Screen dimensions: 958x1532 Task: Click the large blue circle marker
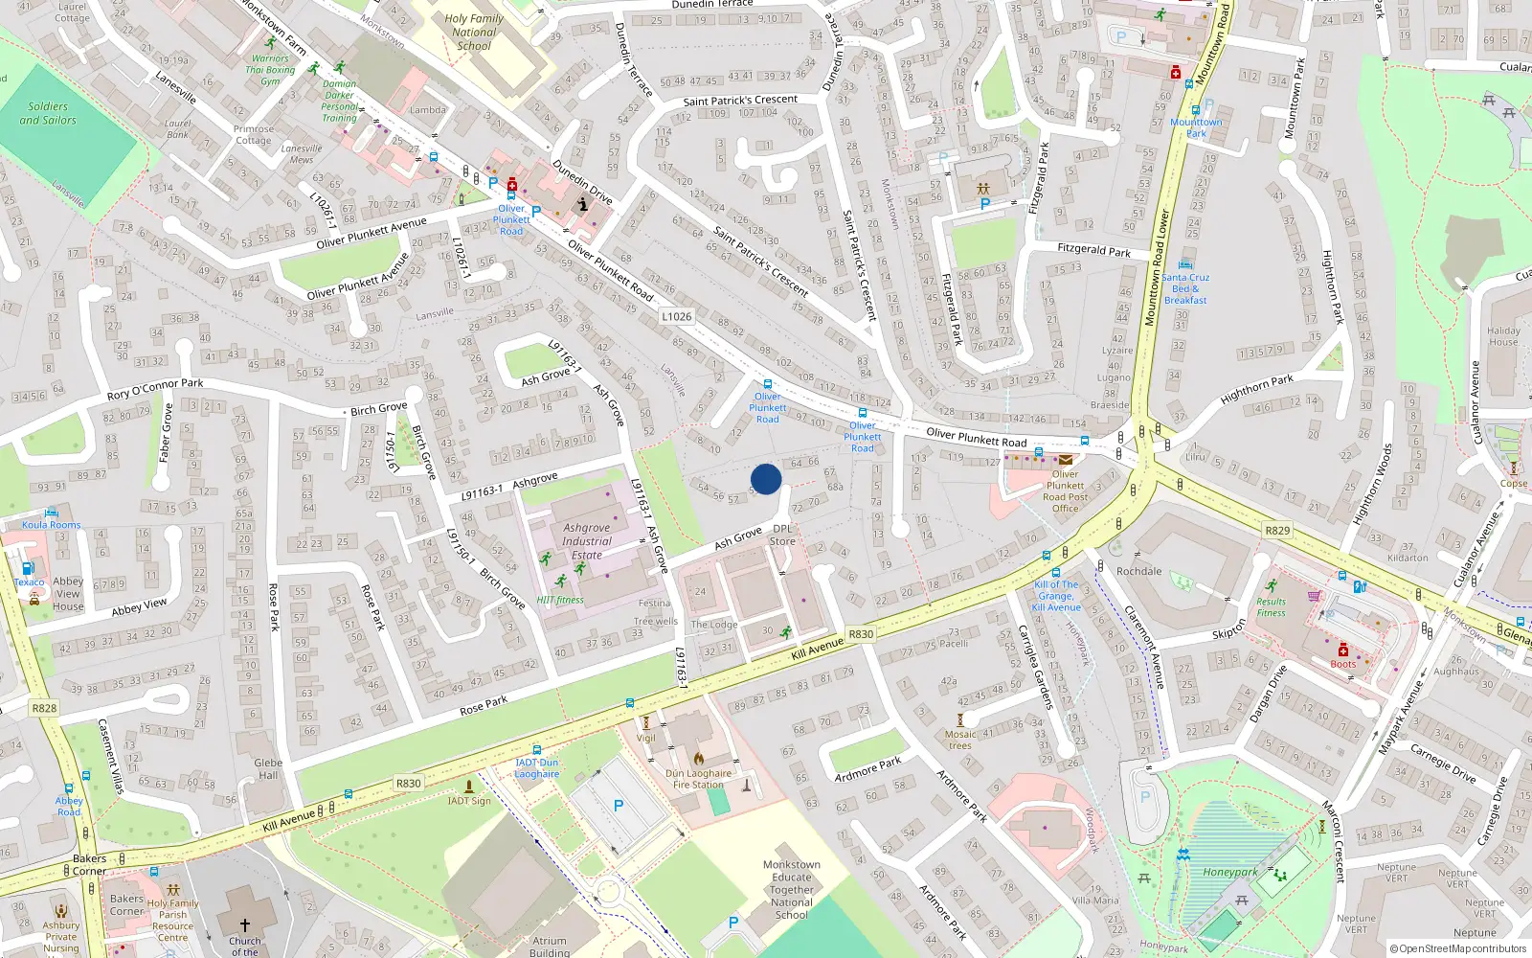pos(766,479)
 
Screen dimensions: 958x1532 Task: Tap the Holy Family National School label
pos(474,32)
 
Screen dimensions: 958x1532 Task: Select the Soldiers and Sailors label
pos(48,113)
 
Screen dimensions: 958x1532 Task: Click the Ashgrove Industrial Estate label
pos(587,541)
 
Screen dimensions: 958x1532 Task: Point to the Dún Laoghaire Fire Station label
pos(698,779)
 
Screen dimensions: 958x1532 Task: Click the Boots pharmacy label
pos(1342,664)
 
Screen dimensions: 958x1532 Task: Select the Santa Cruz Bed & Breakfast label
pos(1186,288)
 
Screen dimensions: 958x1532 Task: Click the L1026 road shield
pos(676,316)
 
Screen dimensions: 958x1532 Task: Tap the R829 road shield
pos(1277,530)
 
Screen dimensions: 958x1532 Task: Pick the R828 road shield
pos(44,708)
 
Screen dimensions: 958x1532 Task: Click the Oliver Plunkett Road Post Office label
pos(1065,491)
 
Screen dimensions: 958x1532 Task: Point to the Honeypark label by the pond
pos(1230,873)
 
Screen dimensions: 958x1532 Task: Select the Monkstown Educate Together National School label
pos(792,889)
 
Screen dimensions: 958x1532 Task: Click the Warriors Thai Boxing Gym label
pos(270,70)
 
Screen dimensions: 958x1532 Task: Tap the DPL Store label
pos(782,535)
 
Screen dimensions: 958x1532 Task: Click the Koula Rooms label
pos(52,524)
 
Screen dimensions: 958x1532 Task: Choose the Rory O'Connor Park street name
pos(155,388)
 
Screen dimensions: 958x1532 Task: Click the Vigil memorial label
pos(646,738)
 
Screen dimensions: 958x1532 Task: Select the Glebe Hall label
pos(268,769)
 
